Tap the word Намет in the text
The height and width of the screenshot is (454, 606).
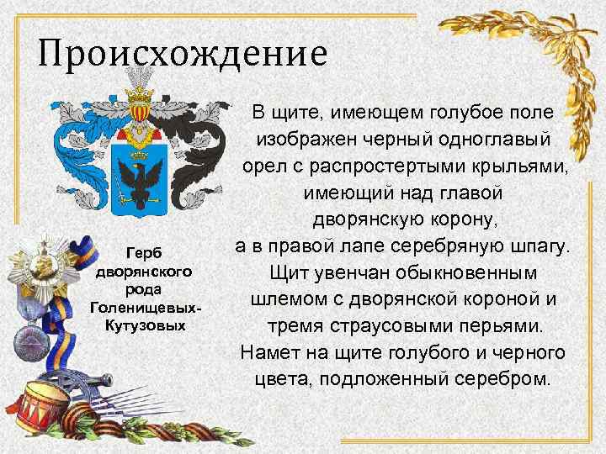tap(265, 352)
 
